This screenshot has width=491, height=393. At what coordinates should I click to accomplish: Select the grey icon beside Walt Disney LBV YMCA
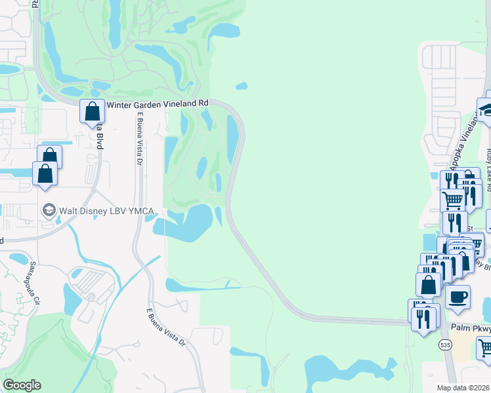[x=48, y=210]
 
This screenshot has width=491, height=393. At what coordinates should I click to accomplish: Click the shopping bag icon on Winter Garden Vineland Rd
[x=93, y=111]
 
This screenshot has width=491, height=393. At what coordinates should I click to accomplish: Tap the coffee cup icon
[x=458, y=296]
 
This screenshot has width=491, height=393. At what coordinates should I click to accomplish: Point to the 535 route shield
[x=446, y=345]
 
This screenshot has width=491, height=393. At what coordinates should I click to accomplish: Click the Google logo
[x=22, y=385]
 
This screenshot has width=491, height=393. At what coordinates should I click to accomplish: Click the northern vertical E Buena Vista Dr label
[x=140, y=140]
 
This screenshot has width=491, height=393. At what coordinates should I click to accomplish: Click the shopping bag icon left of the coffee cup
[x=429, y=284]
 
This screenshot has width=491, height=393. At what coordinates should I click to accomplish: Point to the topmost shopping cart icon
[x=452, y=199]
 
